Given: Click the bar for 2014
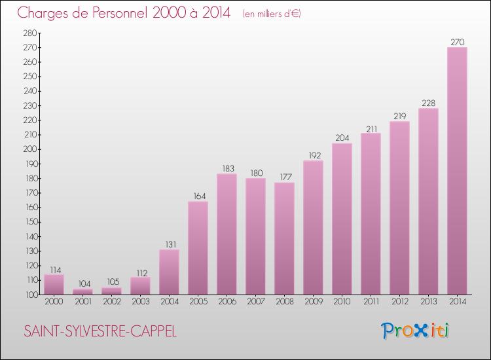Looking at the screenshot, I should [x=457, y=171].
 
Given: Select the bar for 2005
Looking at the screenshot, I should [x=198, y=248].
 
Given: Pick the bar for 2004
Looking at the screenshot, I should [x=169, y=272].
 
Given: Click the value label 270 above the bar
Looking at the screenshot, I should [x=457, y=42].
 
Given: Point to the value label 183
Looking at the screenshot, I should [x=227, y=168].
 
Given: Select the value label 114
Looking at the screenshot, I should [x=54, y=269].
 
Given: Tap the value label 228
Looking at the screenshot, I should [x=428, y=103].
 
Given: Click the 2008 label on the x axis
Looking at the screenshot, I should [x=284, y=302].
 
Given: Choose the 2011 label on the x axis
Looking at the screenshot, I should [x=371, y=302].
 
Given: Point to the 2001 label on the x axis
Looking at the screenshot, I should [x=82, y=302].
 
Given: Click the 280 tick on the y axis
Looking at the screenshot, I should [x=29, y=33].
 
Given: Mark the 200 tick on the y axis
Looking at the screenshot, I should [x=29, y=149].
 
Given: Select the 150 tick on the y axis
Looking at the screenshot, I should [x=29, y=222].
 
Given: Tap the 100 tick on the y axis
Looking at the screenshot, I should [x=29, y=295].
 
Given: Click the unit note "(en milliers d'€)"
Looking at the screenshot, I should [x=271, y=14].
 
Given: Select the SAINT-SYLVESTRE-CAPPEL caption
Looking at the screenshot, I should [x=100, y=331].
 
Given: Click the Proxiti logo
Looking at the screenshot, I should [x=416, y=331].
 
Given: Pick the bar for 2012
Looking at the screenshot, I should [x=399, y=208].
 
